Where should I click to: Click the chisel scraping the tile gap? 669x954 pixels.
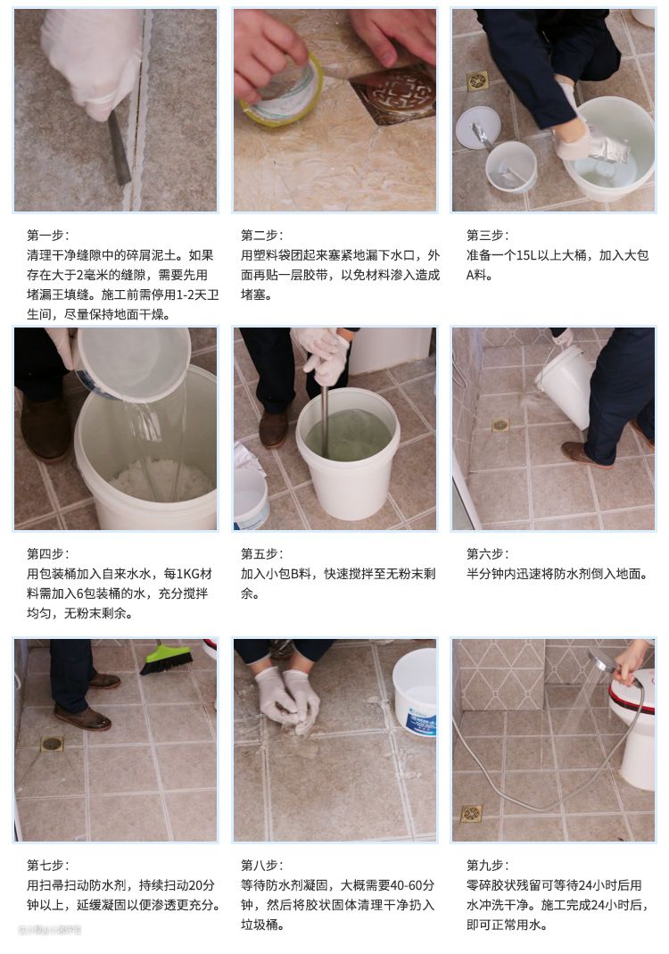tap(120, 147)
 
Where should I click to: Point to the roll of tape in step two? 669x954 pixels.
tap(282, 90)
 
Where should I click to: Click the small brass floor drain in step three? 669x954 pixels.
tap(477, 80)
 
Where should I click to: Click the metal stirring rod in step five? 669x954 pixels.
tap(325, 419)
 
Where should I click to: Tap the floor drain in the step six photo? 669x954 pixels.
tap(500, 425)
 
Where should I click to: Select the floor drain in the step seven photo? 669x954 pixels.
tap(52, 743)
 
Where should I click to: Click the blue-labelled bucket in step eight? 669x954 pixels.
tap(415, 692)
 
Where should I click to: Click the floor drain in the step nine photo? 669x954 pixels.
tap(471, 814)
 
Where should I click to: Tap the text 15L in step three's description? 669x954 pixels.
tap(527, 255)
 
